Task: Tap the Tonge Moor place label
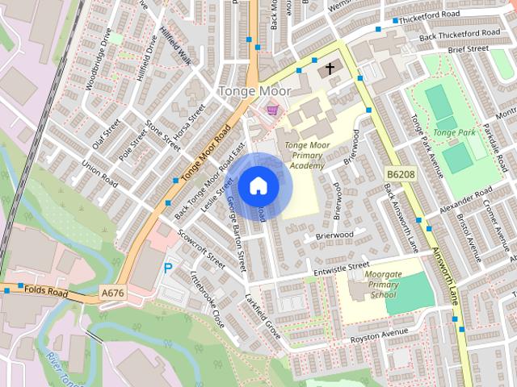tap(254, 92)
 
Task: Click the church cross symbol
tap(330, 69)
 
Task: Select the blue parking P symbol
tap(168, 268)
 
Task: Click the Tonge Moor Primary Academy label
tap(305, 155)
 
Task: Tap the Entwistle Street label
tap(341, 266)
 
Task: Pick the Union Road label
tap(99, 173)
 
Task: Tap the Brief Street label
tap(469, 49)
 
